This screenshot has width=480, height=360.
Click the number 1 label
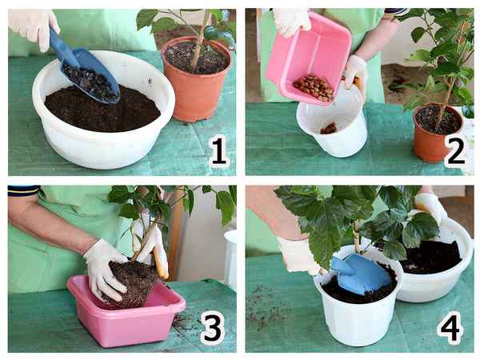point(219,151)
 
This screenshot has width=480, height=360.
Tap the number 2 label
point(455,151)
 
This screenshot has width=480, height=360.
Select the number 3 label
point(213,327)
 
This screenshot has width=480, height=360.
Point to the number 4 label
point(450,327)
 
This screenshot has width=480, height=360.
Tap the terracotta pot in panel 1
point(197,80)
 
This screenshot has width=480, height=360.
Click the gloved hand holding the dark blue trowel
point(34,27)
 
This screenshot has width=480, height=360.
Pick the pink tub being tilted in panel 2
point(309,58)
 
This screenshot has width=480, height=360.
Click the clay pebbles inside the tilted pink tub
point(314,87)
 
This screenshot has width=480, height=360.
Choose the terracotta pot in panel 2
point(438,133)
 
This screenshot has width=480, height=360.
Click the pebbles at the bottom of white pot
point(329,129)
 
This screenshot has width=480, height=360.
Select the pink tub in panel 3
point(126,312)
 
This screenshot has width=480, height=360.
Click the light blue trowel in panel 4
point(362,274)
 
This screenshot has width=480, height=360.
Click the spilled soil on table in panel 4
point(263,306)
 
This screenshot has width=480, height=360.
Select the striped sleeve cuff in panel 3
point(23,190)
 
